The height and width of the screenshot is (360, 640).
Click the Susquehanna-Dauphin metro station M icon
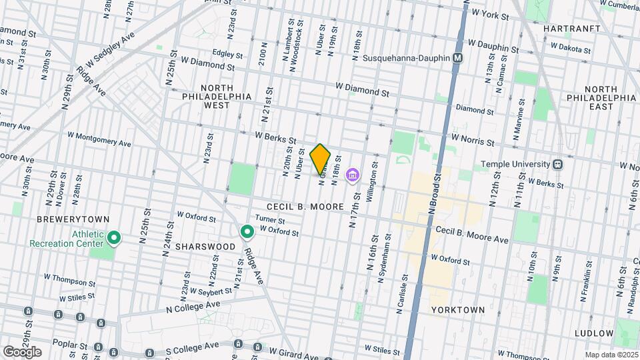[x=457, y=59]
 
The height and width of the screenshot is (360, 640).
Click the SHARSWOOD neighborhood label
[x=205, y=247]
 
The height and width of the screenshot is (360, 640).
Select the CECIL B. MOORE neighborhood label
[x=305, y=207]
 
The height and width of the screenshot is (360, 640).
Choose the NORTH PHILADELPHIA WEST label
[x=217, y=97]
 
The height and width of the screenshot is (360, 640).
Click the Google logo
[x=22, y=351]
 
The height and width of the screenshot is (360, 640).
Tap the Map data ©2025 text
[x=610, y=355]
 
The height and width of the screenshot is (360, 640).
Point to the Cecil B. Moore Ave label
[x=472, y=234]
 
